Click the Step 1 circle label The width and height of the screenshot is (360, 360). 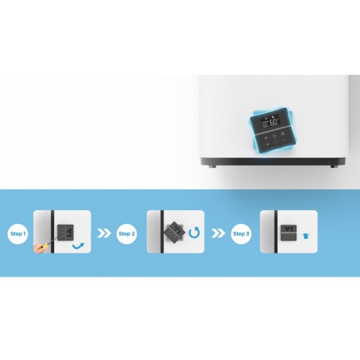click(18, 233)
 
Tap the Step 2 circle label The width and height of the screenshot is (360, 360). click(127, 233)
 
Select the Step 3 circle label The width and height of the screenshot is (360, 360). click(241, 233)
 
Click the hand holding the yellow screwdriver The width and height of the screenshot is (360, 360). click(40, 248)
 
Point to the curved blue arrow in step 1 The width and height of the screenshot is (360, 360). click(78, 246)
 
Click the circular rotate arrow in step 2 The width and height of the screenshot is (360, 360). click(194, 233)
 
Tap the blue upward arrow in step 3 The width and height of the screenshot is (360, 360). click(305, 236)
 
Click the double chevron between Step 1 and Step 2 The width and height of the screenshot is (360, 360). click(104, 233)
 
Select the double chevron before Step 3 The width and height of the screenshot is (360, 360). click(218, 233)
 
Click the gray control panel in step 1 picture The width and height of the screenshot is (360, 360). click(66, 233)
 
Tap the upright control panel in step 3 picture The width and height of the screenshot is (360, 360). click(289, 233)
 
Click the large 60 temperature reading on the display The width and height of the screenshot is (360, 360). click(274, 122)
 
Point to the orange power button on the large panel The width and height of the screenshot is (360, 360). click(276, 143)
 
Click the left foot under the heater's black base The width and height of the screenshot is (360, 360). click(212, 166)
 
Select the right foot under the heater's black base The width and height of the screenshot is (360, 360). click(333, 166)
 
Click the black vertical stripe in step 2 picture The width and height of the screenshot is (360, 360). click(162, 232)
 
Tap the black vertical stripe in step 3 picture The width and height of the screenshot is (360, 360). click(276, 232)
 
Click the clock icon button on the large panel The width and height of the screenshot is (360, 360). click(274, 136)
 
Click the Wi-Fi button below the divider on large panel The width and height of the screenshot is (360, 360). click(266, 138)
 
